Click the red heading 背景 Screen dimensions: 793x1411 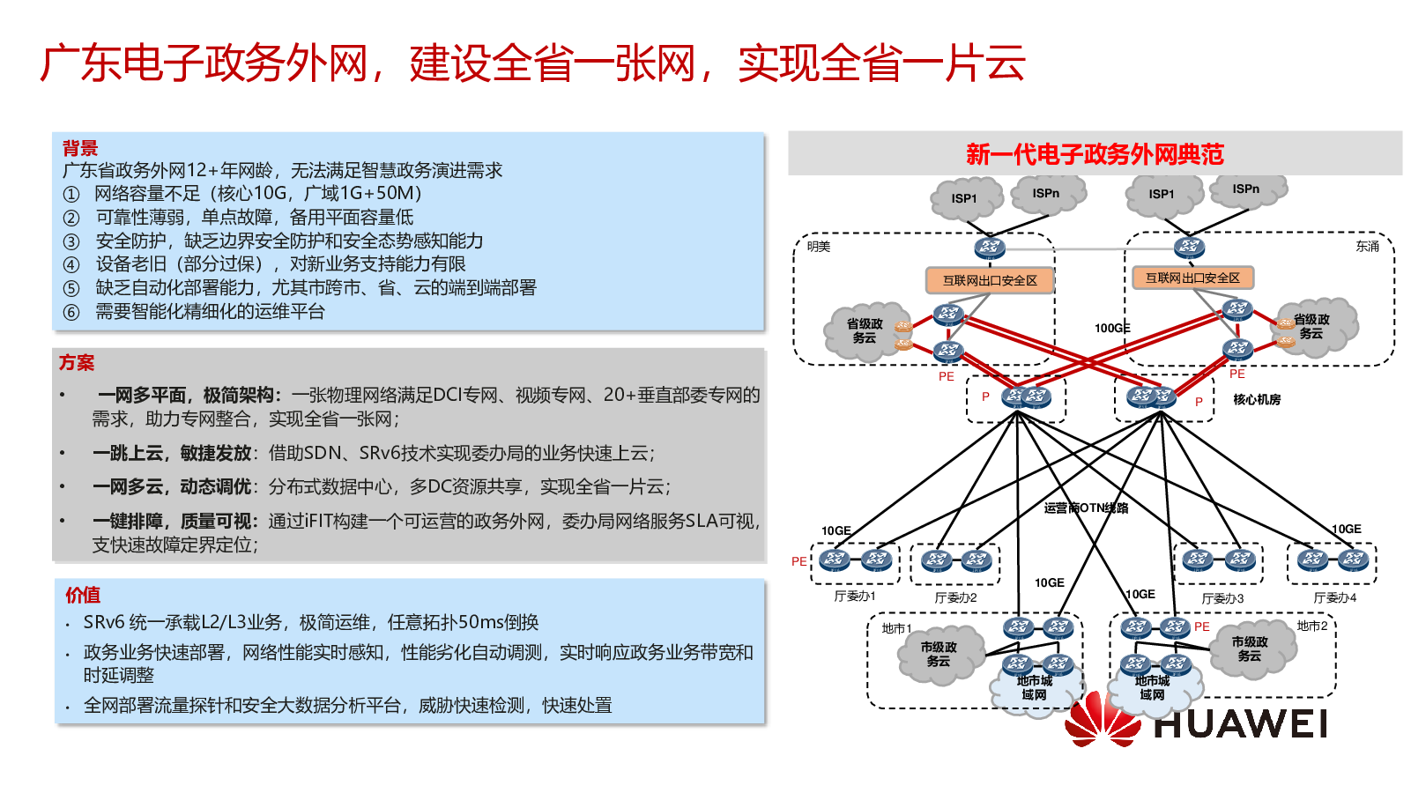80,148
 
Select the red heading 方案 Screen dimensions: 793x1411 77,362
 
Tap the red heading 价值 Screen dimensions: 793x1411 83,595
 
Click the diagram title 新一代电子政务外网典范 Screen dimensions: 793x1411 1095,154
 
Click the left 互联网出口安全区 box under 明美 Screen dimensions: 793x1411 990,280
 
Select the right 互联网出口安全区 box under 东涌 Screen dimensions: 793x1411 1192,278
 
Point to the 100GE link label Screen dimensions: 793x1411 1112,328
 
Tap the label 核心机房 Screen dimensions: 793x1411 1257,399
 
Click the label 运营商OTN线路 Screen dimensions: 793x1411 1086,508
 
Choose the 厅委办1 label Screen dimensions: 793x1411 855,597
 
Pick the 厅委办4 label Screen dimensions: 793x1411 1335,597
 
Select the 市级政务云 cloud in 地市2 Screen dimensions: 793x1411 1250,649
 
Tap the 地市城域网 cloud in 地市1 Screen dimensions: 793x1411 1035,688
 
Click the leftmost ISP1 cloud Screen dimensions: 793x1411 965,198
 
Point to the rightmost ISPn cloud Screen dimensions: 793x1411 1246,189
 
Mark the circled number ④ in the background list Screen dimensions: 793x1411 71,264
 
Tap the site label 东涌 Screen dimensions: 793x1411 1367,247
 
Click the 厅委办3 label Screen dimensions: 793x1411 1222,598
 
